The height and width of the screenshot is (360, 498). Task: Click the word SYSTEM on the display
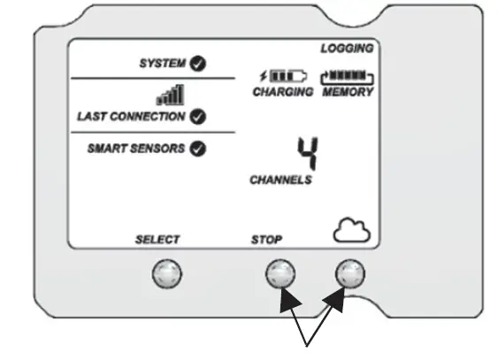click(x=164, y=63)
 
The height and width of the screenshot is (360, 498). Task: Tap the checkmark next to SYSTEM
click(x=199, y=63)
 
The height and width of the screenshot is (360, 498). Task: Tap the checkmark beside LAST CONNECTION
click(x=199, y=116)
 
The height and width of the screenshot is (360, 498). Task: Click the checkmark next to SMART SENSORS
click(x=199, y=148)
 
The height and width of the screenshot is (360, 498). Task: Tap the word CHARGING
click(x=283, y=92)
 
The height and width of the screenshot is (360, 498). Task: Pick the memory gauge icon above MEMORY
click(x=347, y=77)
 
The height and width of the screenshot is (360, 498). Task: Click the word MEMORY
click(x=347, y=92)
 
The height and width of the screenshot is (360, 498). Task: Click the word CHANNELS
click(x=280, y=180)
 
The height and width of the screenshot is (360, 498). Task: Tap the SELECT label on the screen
click(x=157, y=239)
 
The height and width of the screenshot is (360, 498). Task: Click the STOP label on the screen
click(x=266, y=239)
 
